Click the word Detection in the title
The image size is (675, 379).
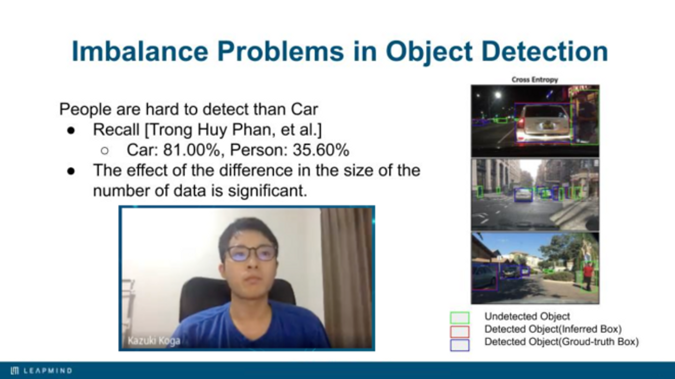click(545, 51)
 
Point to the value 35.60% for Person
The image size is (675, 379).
click(321, 150)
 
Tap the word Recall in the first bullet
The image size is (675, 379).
click(116, 130)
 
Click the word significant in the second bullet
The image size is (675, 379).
click(267, 190)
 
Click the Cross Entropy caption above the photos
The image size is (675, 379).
click(535, 80)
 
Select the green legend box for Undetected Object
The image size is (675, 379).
click(459, 318)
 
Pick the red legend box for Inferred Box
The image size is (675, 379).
click(459, 331)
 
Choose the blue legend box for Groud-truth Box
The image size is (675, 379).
click(459, 345)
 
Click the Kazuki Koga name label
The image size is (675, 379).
click(154, 341)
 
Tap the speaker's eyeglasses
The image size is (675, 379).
click(252, 253)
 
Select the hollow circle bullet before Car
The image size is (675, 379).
click(105, 150)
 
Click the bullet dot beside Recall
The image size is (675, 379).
click(71, 130)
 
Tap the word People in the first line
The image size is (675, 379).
click(85, 109)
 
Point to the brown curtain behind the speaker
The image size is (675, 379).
click(346, 277)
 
